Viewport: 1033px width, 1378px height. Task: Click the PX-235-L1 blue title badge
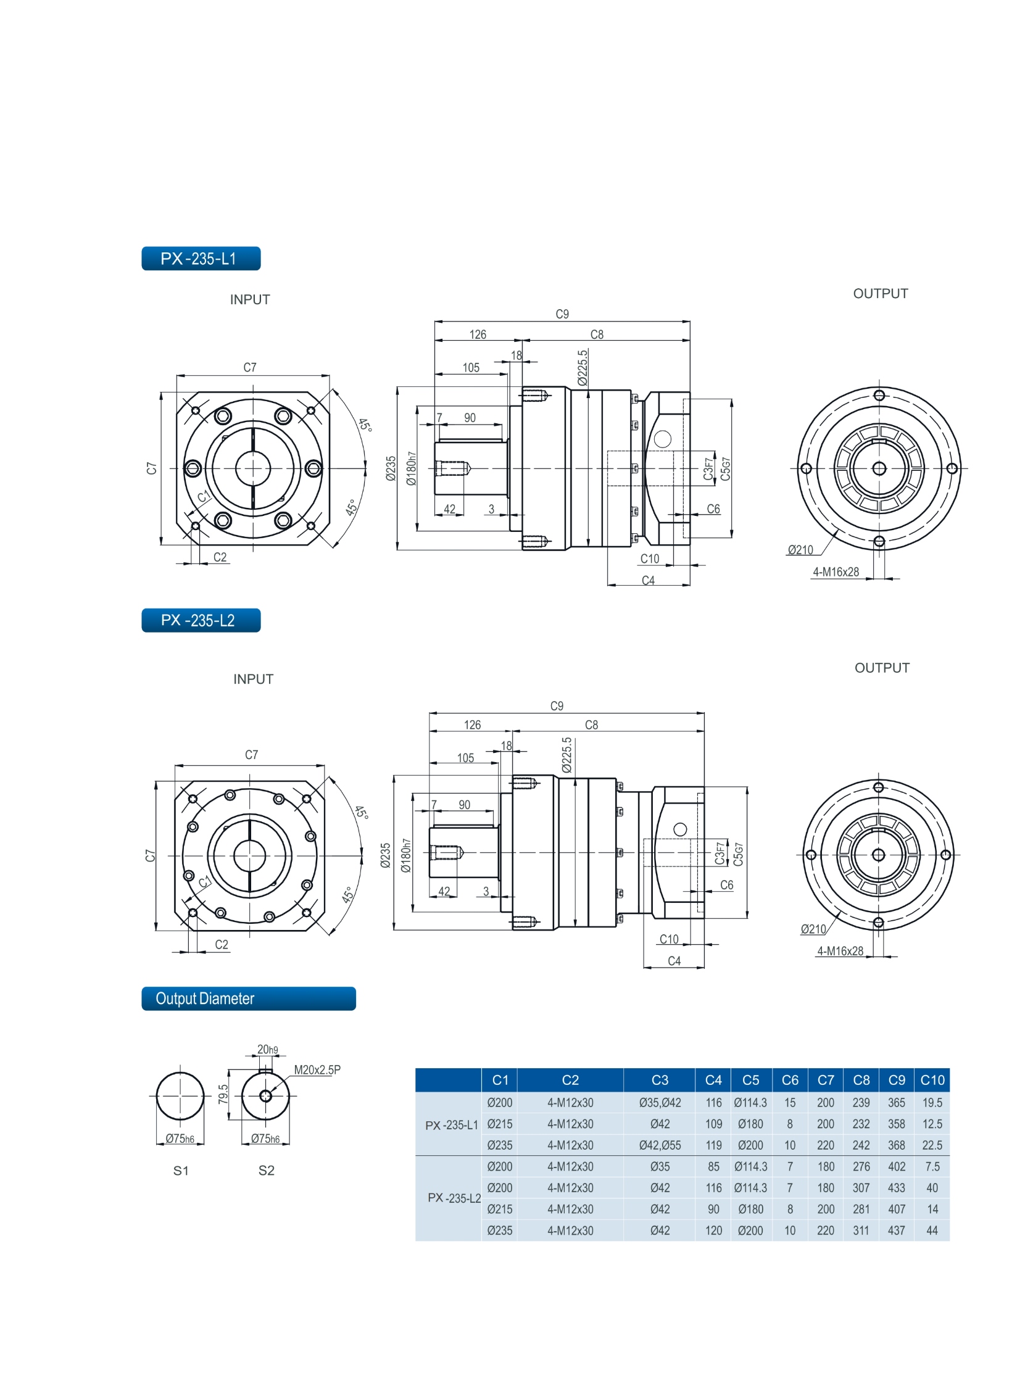tap(201, 258)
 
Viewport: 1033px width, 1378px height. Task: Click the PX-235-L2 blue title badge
tap(201, 620)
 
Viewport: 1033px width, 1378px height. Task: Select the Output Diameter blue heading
tap(248, 998)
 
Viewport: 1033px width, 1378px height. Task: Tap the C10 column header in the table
tap(932, 1080)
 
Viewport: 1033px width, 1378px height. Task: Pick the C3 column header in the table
tap(659, 1080)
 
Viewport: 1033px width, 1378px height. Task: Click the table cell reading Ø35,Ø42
tap(659, 1103)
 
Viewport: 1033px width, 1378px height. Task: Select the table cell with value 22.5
tap(932, 1145)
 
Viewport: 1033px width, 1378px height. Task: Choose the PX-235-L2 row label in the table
tap(454, 1198)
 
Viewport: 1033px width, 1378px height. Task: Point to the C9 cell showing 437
tap(896, 1231)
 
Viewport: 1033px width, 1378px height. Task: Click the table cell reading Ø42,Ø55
tap(659, 1145)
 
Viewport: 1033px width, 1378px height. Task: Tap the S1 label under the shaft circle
tap(181, 1171)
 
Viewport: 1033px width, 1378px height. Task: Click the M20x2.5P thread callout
tap(317, 1069)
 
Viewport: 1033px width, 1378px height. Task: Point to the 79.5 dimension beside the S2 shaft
tap(223, 1094)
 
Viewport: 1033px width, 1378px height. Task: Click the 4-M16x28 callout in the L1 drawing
tap(836, 572)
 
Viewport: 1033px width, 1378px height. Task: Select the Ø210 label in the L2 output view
tap(813, 929)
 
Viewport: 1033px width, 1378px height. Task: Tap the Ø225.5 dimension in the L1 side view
tap(582, 368)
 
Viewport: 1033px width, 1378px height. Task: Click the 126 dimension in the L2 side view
tap(472, 724)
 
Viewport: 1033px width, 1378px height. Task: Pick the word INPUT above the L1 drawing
tap(250, 300)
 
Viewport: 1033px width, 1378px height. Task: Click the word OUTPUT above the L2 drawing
tap(882, 668)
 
